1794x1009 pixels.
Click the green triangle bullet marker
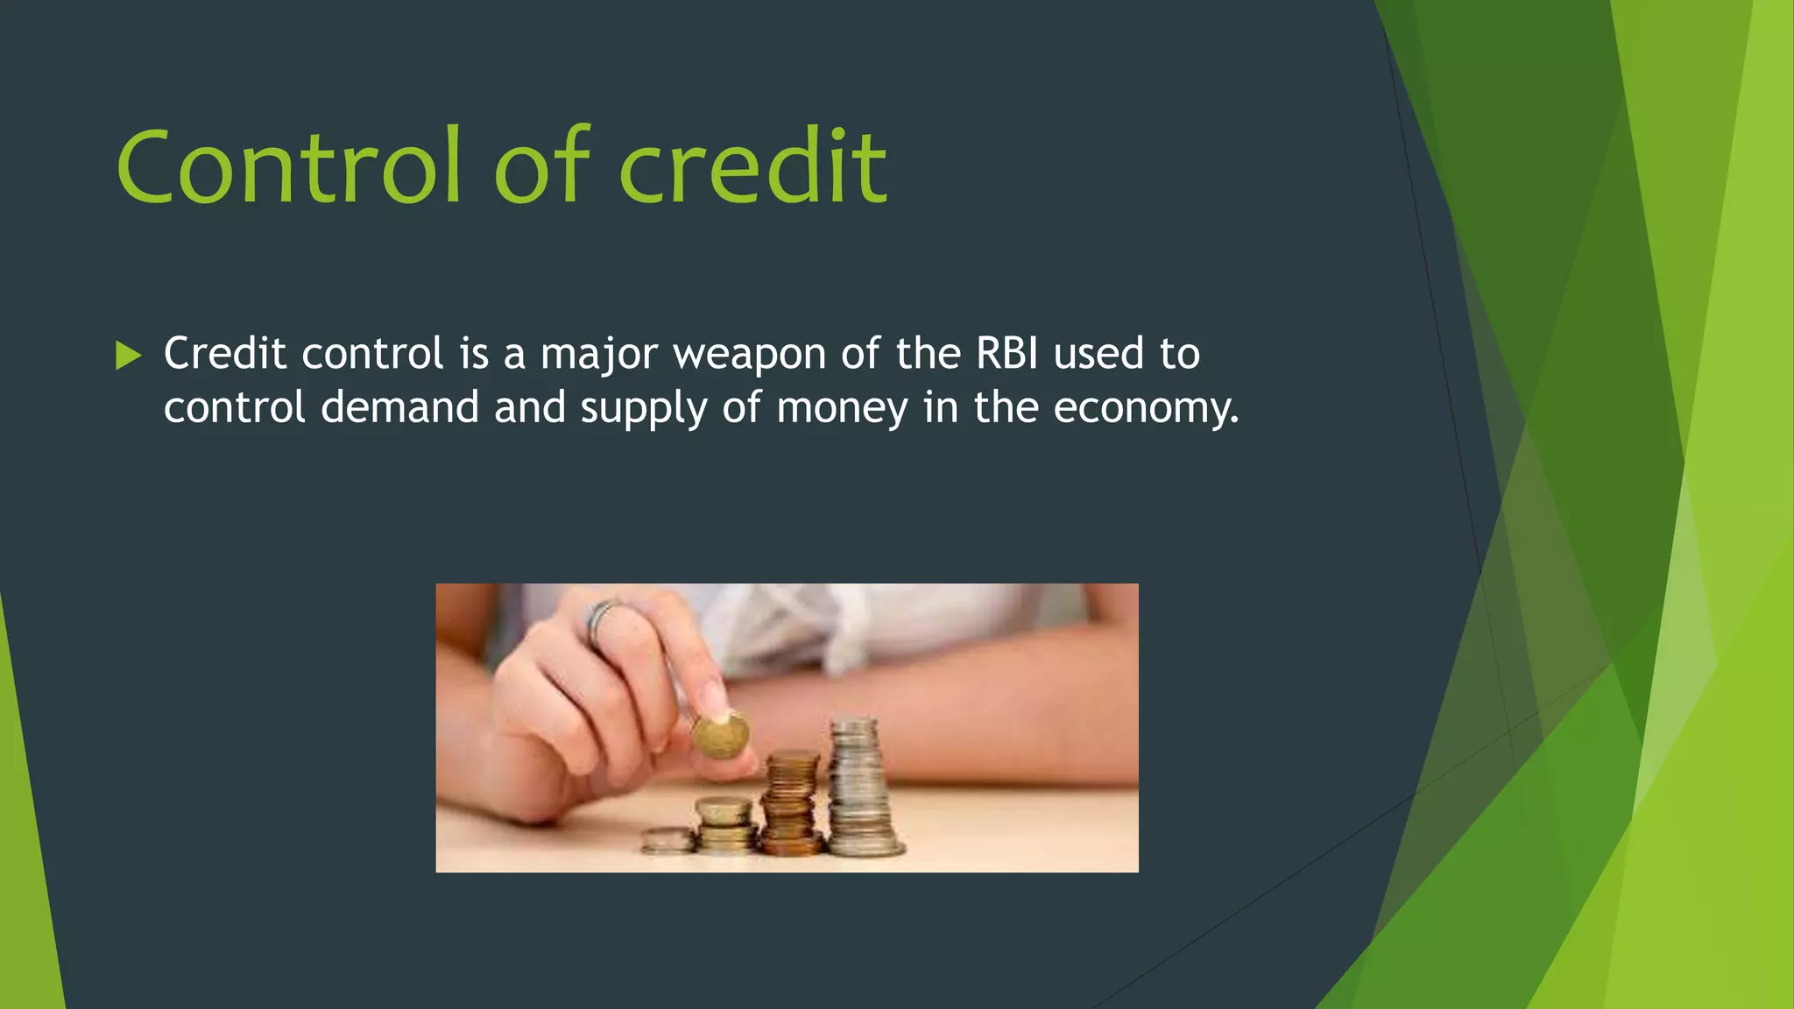coord(128,356)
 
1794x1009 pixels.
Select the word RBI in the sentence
coord(1006,354)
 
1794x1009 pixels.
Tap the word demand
coord(399,408)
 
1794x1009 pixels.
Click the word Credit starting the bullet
coord(225,354)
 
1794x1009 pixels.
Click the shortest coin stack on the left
coord(667,841)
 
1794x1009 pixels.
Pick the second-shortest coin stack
coord(724,824)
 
